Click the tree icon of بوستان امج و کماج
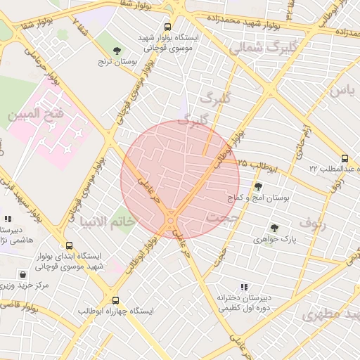click(259, 187)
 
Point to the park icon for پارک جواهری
click(274, 228)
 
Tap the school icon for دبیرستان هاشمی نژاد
click(8, 219)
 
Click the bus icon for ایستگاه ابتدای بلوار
click(69, 246)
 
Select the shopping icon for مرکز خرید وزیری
click(25, 275)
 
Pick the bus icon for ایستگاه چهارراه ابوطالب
click(116, 300)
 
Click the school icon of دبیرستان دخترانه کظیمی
click(244, 287)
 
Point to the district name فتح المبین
click(35, 113)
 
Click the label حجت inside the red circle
click(224, 219)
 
